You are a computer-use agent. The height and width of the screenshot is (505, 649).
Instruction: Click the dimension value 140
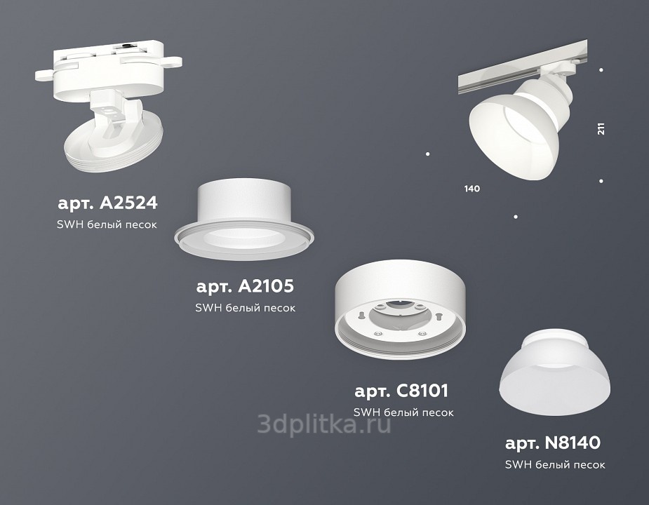[x=472, y=189]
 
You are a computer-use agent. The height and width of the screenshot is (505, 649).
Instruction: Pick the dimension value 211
[x=601, y=129]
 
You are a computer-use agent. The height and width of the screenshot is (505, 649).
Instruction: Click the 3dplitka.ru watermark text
[x=324, y=424]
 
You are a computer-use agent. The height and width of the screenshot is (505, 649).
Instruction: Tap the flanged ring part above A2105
[x=244, y=220]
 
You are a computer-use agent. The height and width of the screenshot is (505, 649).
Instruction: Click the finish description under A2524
[x=107, y=224]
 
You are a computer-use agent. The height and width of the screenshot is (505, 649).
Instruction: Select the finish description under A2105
[x=246, y=307]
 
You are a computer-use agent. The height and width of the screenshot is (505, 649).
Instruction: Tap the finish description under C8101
[x=403, y=412]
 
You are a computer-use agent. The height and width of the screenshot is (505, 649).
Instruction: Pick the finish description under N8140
[x=555, y=464]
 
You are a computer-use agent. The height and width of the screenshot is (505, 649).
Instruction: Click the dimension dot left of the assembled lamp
[x=427, y=154]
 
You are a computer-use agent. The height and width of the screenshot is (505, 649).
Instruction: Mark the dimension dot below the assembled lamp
[x=515, y=217]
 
